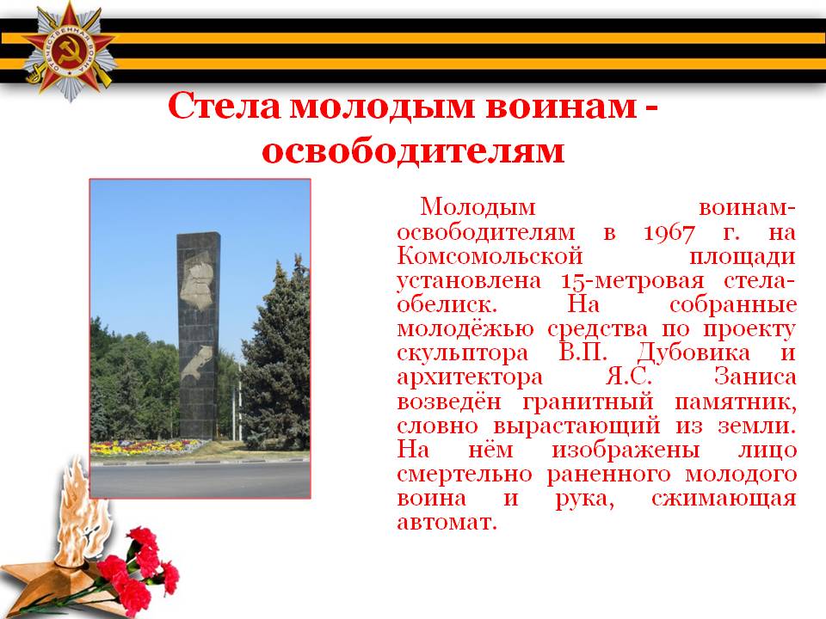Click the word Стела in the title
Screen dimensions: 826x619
click(224, 106)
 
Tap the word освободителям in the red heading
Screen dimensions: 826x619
click(413, 151)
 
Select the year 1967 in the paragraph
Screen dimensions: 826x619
click(669, 232)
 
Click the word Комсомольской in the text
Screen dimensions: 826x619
click(490, 256)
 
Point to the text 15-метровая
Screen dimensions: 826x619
click(632, 280)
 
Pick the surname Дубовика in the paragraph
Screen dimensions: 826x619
click(693, 352)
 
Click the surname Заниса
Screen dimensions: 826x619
click(755, 377)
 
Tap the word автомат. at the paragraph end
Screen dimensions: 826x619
click(447, 523)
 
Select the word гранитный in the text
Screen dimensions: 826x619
click(588, 401)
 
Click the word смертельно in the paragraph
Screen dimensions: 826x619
click(464, 475)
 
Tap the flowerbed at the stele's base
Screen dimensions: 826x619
click(147, 447)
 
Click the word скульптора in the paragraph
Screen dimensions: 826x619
click(463, 353)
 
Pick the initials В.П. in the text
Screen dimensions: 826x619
click(583, 352)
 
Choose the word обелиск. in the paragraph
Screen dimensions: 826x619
click(447, 304)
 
